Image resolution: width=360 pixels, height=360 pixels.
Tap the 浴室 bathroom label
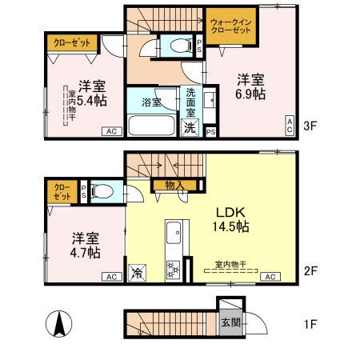coord(152,102)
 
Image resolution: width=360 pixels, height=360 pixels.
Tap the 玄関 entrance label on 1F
coord(230,324)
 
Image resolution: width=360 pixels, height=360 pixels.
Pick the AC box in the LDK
coord(270,277)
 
